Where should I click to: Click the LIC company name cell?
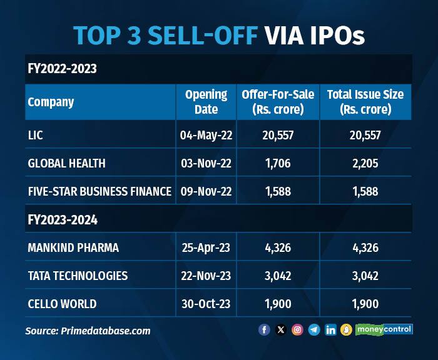point(36,135)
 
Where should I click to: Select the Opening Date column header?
point(206,102)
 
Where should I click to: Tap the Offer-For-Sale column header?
point(277,102)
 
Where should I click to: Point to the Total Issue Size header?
point(365,102)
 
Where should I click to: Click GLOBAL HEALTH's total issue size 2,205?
point(365,163)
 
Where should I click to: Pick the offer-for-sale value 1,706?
point(277,163)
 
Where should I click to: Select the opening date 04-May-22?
point(206,135)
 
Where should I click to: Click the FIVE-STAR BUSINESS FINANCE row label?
point(99,191)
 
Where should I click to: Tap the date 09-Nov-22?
point(206,191)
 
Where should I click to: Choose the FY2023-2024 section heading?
point(62,220)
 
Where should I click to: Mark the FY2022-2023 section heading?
point(62,69)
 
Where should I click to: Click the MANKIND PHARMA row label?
point(73,247)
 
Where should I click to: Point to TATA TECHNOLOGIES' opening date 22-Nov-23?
point(206,276)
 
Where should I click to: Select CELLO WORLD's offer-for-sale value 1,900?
point(277,304)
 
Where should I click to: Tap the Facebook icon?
point(264,329)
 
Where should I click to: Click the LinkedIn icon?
point(330,329)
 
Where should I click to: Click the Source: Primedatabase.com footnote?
point(88,331)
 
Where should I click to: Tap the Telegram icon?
point(314,329)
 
